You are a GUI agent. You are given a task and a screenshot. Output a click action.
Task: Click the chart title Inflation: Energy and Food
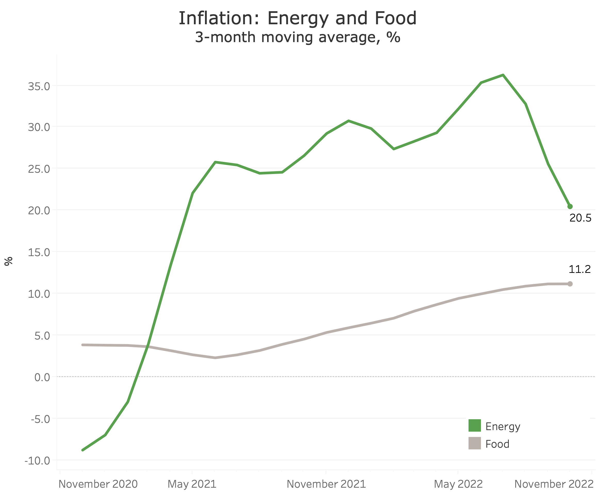click(298, 19)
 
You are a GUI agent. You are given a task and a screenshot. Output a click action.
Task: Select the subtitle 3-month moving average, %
click(298, 37)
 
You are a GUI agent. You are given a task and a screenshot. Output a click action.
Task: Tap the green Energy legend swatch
click(474, 426)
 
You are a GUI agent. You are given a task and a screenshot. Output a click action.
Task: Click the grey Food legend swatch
click(474, 443)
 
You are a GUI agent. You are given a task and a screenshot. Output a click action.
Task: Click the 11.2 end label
click(579, 269)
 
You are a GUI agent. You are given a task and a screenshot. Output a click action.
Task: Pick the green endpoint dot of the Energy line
click(570, 206)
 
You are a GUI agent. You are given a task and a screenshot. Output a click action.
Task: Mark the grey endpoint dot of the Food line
click(570, 284)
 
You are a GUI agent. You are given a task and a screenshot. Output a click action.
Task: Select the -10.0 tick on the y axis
click(37, 461)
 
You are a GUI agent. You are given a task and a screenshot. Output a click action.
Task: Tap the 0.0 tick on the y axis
click(42, 378)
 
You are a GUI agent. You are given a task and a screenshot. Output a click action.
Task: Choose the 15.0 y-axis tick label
click(39, 252)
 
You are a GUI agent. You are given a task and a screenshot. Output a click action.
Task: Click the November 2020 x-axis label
click(98, 484)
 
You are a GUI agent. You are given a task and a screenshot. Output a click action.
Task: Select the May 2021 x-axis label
click(192, 484)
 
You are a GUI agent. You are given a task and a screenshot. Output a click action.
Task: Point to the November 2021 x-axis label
click(326, 484)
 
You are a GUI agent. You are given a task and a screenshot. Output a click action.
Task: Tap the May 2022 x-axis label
click(458, 484)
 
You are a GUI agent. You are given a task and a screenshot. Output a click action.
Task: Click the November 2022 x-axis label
click(554, 484)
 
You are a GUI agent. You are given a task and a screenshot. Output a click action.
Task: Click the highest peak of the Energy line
click(503, 75)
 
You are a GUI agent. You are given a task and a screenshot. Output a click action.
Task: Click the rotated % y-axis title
click(9, 261)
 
